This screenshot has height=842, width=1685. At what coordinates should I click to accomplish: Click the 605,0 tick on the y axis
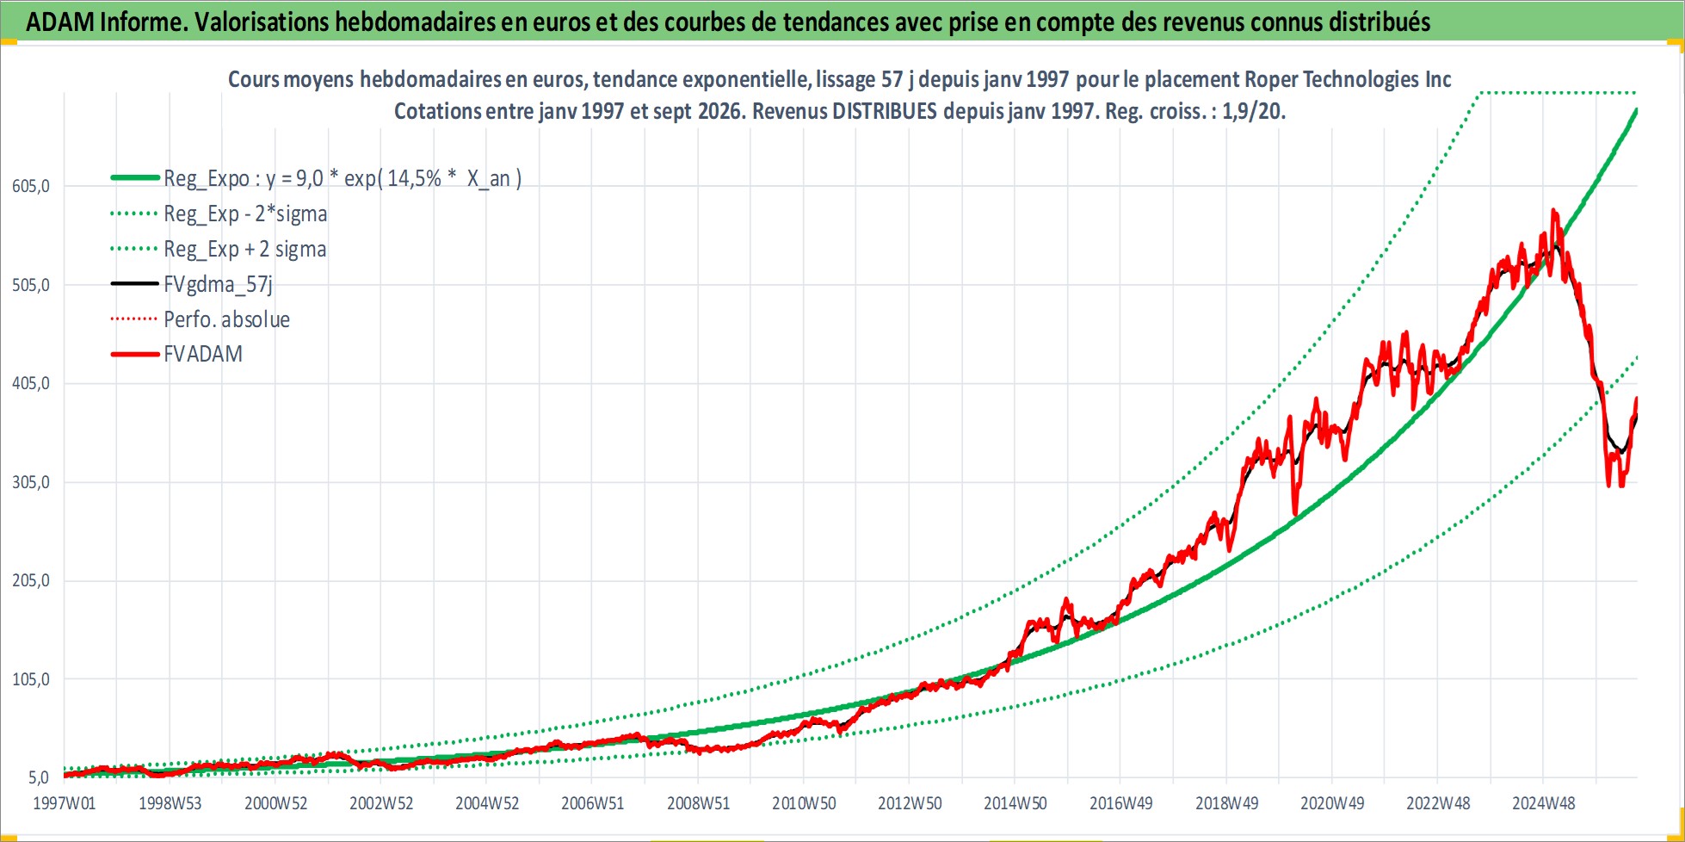click(31, 186)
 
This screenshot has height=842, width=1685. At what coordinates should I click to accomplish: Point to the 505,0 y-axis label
click(31, 285)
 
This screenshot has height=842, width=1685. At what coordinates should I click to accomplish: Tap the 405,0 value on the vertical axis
click(31, 383)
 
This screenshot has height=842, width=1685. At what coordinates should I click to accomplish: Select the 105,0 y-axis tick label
click(31, 679)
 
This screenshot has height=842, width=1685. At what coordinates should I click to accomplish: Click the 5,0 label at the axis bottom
click(39, 777)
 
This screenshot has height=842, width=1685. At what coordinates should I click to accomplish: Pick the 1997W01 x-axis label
click(65, 803)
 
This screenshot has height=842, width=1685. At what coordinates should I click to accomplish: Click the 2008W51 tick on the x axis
click(698, 803)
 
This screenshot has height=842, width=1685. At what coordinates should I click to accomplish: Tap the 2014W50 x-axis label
click(1015, 803)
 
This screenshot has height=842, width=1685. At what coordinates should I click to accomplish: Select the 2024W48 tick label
click(1544, 803)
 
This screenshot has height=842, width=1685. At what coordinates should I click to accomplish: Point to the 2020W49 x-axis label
click(1332, 803)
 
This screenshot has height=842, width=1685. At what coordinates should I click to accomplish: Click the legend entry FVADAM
click(203, 354)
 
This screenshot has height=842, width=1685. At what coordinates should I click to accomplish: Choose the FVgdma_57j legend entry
click(219, 284)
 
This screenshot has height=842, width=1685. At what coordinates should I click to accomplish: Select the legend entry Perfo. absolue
click(227, 319)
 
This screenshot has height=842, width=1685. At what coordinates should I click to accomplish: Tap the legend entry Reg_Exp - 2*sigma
click(245, 214)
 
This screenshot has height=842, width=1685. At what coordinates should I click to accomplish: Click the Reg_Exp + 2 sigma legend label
click(245, 249)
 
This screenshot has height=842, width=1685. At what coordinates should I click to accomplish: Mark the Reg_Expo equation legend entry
click(343, 178)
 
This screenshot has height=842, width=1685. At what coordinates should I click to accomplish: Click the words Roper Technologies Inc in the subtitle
click(1348, 79)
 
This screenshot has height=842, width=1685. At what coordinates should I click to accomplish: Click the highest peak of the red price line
click(1553, 209)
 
